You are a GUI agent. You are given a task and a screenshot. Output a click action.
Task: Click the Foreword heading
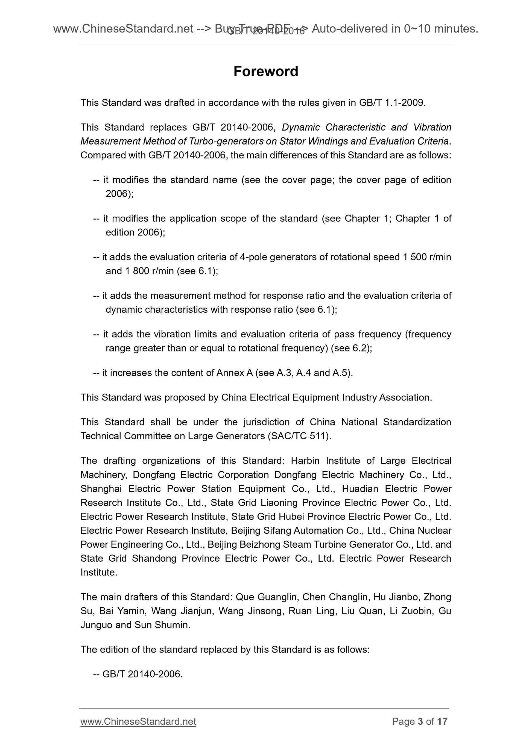[x=265, y=71]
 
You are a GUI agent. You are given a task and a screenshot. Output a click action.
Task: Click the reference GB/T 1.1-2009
[x=392, y=103]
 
